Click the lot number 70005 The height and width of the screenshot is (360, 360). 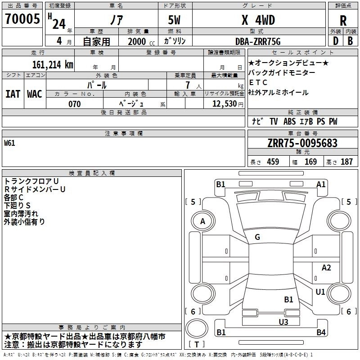pyautogui.click(x=22, y=18)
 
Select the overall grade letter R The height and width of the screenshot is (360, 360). pyautogui.click(x=343, y=21)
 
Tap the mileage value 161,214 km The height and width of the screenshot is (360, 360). pyautogui.click(x=53, y=65)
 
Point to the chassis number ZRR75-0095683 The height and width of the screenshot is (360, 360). pyautogui.click(x=302, y=143)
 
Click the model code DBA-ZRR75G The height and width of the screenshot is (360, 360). pyautogui.click(x=258, y=41)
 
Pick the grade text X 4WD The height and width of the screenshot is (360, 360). pyautogui.click(x=258, y=20)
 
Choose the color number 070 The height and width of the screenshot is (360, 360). pyautogui.click(x=75, y=104)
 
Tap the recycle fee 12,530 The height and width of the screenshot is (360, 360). pyautogui.click(x=225, y=104)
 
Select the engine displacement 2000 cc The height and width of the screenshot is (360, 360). pyautogui.click(x=141, y=41)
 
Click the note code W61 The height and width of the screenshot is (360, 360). pyautogui.click(x=9, y=143)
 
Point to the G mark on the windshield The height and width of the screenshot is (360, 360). pyautogui.click(x=257, y=237)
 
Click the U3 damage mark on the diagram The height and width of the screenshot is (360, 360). pyautogui.click(x=283, y=322)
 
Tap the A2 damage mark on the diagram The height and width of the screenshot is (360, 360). pyautogui.click(x=326, y=268)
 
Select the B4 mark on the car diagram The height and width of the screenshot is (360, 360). pyautogui.click(x=321, y=332)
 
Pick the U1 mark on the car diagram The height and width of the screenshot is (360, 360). pyautogui.click(x=320, y=292)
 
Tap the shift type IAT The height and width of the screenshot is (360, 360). pyautogui.click(x=13, y=94)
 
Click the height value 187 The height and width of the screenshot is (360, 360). pyautogui.click(x=346, y=162)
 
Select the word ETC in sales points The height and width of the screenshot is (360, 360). pyautogui.click(x=258, y=82)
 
